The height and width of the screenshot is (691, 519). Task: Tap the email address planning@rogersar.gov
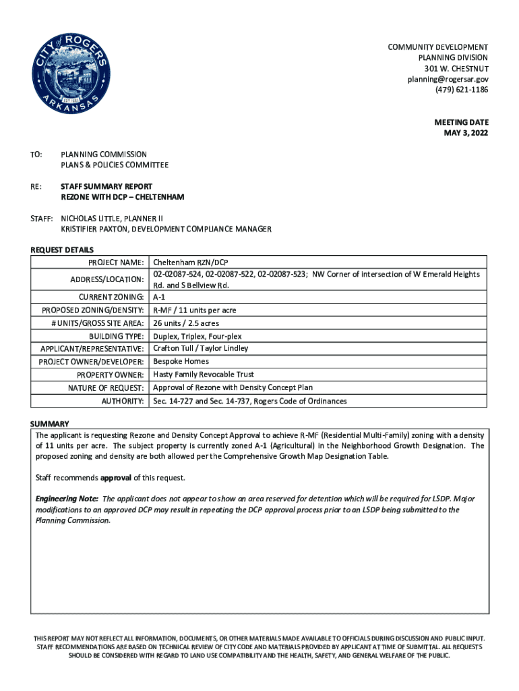point(448,80)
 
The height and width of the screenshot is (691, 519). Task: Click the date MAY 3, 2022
point(466,133)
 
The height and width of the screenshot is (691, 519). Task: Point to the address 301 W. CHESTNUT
point(456,69)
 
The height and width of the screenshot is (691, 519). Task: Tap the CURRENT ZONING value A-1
point(160,297)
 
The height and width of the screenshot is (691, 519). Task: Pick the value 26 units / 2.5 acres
point(186,323)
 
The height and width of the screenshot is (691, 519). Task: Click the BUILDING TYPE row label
point(116,336)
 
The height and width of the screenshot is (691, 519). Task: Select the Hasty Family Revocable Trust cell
point(204,375)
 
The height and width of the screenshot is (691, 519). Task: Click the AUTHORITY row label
point(123,402)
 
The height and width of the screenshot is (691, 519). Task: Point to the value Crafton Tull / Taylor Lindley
point(201,348)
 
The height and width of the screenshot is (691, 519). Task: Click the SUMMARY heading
point(50,424)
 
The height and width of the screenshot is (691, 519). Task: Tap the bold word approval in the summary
point(115,478)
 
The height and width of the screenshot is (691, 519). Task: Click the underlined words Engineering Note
point(67,499)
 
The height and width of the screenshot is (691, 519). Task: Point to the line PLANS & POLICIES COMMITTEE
point(115,165)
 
